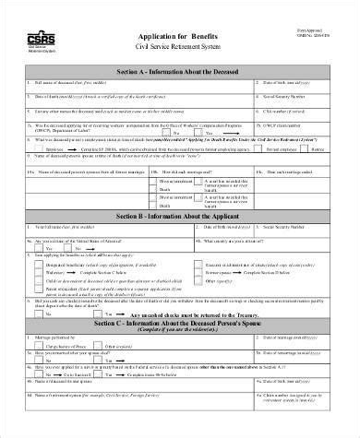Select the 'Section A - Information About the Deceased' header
[x=177, y=70]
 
